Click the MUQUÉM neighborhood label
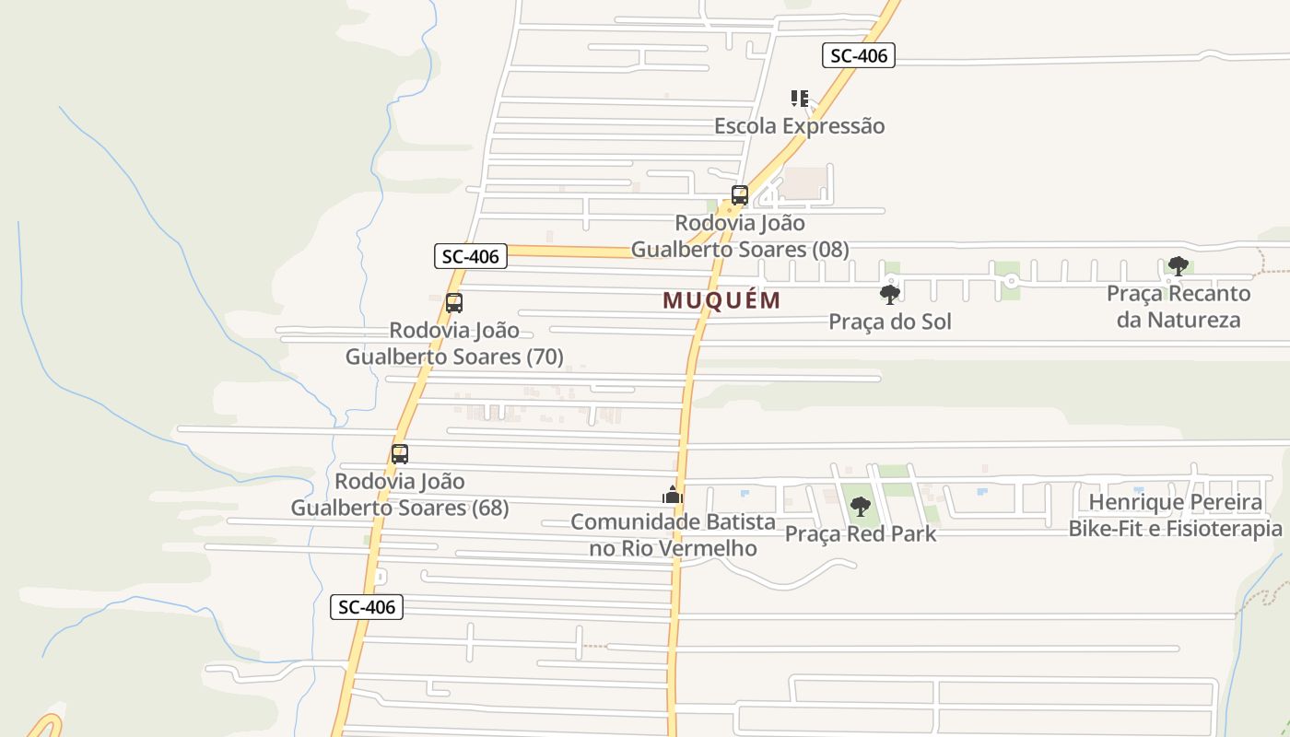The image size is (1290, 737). click(721, 300)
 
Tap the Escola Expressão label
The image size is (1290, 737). click(799, 126)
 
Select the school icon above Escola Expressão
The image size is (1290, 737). click(799, 98)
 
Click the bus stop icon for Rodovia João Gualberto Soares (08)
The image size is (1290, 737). click(740, 194)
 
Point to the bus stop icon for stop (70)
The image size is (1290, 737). click(453, 302)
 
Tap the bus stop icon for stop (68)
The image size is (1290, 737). click(399, 453)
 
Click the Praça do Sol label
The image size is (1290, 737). click(889, 322)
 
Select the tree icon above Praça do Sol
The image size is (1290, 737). click(889, 295)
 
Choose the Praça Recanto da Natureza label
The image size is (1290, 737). click(1178, 307)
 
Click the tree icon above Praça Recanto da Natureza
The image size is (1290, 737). click(1177, 266)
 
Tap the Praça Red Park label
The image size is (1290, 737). click(860, 533)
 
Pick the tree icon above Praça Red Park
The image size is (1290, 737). click(860, 506)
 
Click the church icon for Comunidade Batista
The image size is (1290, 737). click(673, 495)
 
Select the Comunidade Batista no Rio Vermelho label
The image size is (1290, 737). click(673, 535)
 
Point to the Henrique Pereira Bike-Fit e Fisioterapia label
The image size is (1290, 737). click(1175, 516)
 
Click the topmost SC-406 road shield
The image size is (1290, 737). click(858, 55)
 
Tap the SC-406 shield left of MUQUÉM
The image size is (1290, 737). click(471, 256)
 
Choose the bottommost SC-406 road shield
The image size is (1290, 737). click(367, 607)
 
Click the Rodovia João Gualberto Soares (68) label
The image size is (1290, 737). click(399, 495)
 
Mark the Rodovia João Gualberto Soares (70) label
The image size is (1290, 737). click(453, 344)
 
